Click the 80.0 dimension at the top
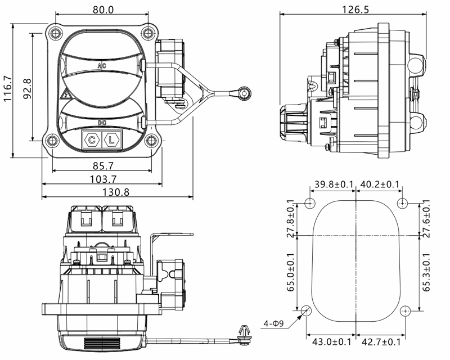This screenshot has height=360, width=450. coord(102,10)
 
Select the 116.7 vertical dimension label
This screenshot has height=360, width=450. coord(8,89)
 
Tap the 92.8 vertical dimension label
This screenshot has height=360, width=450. coord(26,89)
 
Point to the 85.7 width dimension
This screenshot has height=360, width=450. coord(102,166)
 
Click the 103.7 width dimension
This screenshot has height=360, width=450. coord(102,179)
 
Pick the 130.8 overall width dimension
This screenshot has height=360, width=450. coord(117,192)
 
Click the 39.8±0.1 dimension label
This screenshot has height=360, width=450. coord(334,184)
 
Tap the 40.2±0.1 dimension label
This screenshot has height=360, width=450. coord(380,184)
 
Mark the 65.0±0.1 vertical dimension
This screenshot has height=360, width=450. coord(290,273)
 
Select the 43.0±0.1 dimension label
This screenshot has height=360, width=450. coord(332,341)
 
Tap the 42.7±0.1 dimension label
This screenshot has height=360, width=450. coord(381,341)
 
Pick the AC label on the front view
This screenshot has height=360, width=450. coord(102,66)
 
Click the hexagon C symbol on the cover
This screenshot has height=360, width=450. coord(91,139)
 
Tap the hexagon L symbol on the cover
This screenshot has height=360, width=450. coord(112,139)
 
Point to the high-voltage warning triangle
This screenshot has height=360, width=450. coord(65,94)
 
